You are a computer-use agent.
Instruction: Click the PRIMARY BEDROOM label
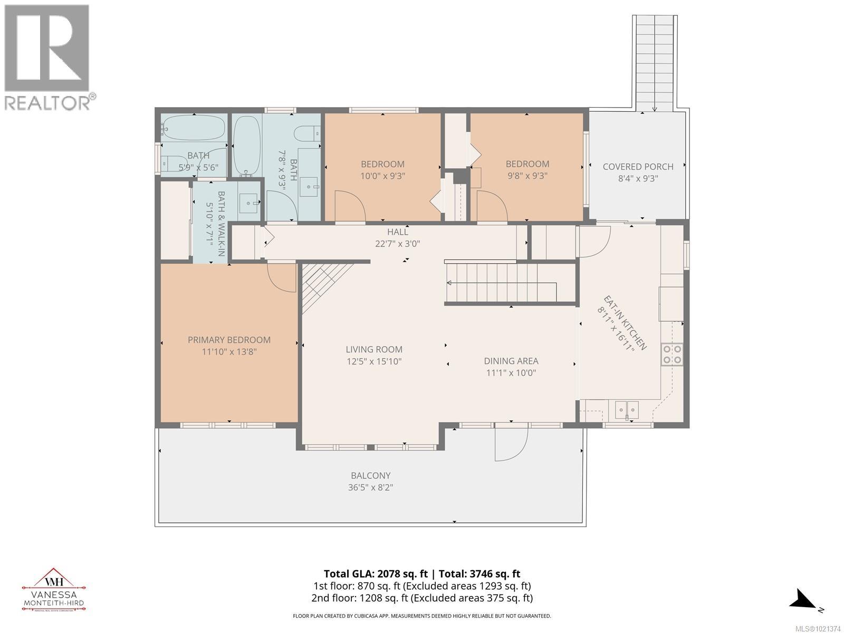tap(229, 340)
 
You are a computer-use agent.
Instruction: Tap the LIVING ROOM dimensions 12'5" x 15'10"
tap(374, 361)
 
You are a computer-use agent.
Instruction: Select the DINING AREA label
tap(511, 361)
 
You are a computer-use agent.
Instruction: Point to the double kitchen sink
tap(627, 409)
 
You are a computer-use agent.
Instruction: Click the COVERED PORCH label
tap(638, 167)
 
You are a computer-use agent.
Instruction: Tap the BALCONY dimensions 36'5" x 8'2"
tap(370, 487)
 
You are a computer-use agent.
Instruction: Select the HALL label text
tap(397, 232)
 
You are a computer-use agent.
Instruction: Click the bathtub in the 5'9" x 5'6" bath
tap(194, 128)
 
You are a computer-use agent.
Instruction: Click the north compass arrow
tap(805, 599)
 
